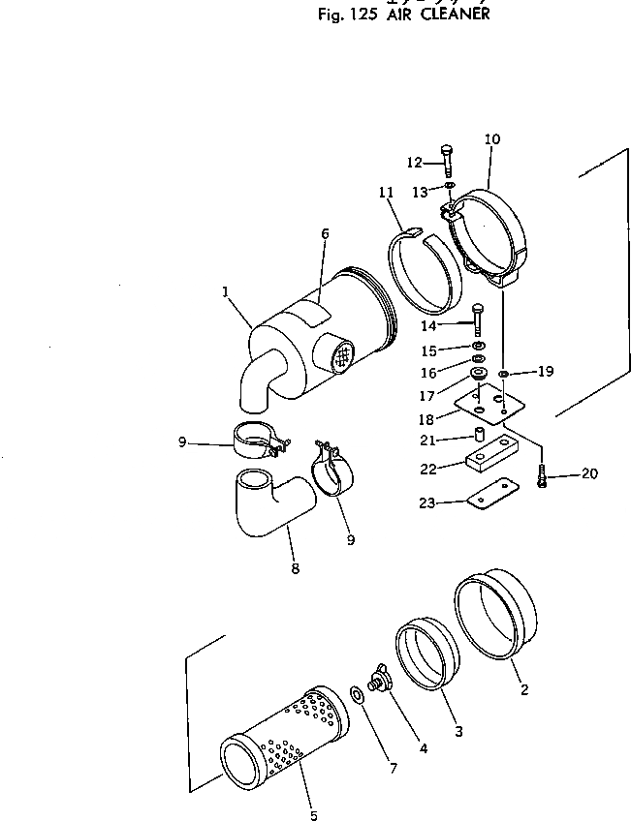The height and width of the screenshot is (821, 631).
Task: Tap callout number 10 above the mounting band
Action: [x=491, y=139]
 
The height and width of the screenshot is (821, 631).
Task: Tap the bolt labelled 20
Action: [x=543, y=478]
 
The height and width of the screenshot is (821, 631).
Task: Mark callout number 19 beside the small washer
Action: [x=546, y=370]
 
